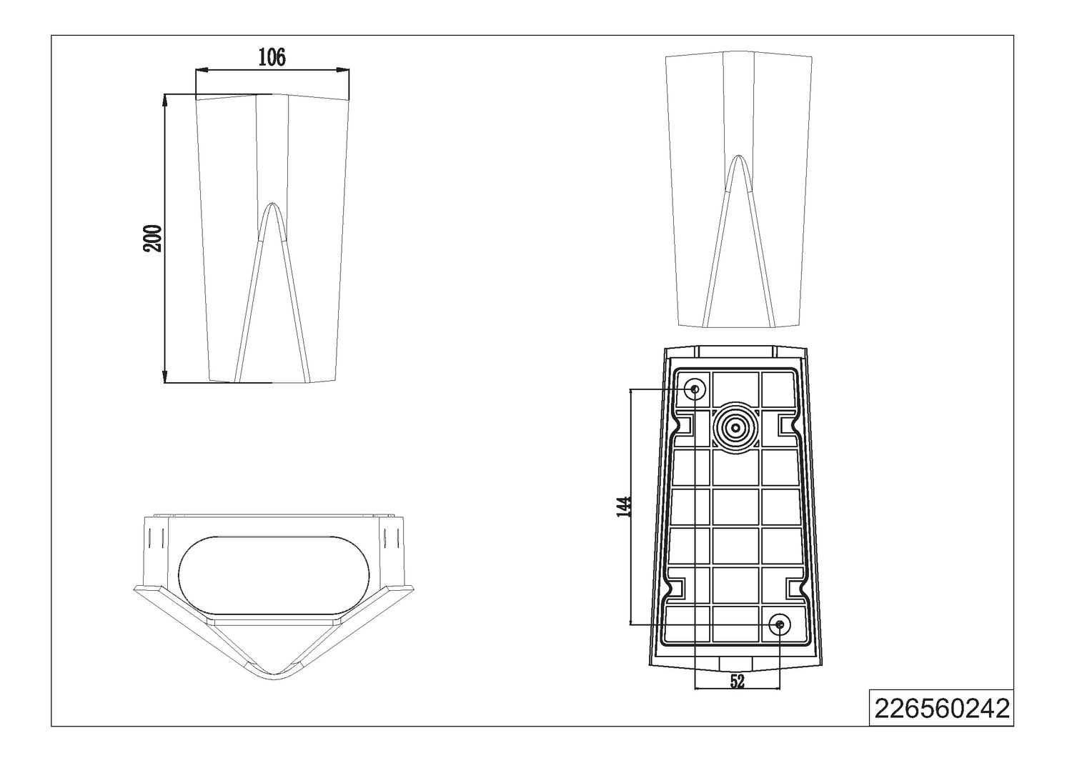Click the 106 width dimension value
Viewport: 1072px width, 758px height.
point(272,57)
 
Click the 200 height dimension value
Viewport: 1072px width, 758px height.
point(153,238)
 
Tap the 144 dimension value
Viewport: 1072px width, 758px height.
point(624,507)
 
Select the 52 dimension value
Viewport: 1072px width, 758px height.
point(738,682)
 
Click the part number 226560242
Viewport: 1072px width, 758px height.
point(942,708)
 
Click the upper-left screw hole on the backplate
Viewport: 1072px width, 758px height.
point(695,389)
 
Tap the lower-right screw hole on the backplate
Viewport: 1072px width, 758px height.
point(780,624)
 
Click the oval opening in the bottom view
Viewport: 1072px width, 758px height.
point(274,575)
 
